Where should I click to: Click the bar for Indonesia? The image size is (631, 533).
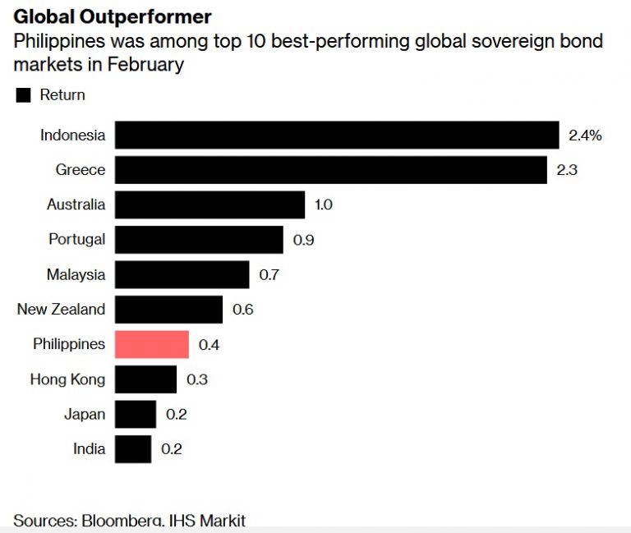coord(337,135)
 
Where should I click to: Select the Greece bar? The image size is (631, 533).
coord(330,170)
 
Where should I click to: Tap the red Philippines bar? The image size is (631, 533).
coord(151,344)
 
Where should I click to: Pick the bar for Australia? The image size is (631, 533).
coord(209,204)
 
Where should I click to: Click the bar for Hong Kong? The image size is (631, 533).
coord(145,379)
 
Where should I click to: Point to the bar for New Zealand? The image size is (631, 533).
coord(168,310)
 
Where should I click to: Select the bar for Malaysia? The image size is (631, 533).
coord(182,274)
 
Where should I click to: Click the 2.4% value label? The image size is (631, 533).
coord(585,136)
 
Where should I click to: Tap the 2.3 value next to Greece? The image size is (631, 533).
coord(568,170)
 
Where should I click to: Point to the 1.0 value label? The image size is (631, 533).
coord(323,205)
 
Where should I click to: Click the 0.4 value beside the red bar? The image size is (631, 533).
coord(209,345)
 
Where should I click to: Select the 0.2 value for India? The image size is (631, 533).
coord(172,449)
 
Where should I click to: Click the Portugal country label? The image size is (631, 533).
coord(76,240)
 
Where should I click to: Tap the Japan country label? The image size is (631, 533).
coord(85,414)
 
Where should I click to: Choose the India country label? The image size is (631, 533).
coord(89,449)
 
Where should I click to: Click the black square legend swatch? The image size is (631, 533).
coord(23,95)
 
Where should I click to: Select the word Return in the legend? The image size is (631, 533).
coord(62,95)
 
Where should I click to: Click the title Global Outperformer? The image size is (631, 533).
coord(112,16)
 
